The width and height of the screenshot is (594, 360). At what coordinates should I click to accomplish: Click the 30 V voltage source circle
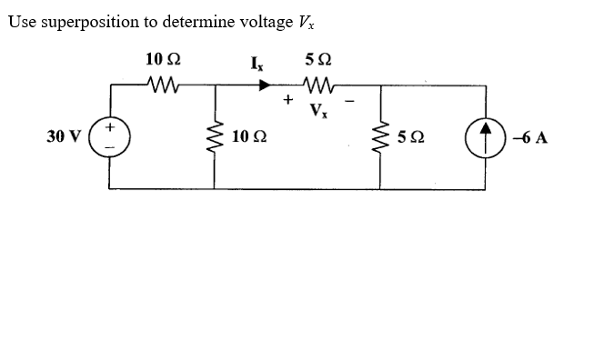tap(109, 138)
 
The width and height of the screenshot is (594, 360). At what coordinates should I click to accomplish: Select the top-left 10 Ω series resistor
tap(165, 87)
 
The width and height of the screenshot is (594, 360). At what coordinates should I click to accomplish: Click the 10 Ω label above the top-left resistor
tap(163, 60)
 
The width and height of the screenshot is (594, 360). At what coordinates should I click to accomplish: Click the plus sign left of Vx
tap(289, 102)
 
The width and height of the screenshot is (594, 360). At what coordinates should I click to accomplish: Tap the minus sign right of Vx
tap(350, 102)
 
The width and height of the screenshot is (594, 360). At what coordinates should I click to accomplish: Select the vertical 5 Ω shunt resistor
tap(380, 138)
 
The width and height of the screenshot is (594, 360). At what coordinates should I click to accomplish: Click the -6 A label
tap(529, 138)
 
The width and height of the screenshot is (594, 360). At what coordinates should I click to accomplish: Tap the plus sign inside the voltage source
tap(110, 129)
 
